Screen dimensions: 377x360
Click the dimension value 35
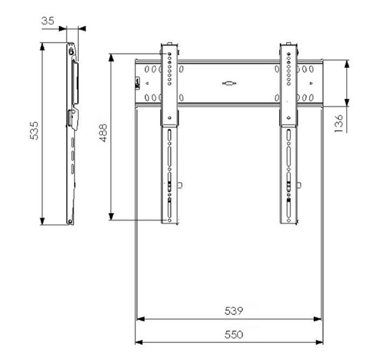48,21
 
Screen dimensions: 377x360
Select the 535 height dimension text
34,131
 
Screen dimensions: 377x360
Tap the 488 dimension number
103,133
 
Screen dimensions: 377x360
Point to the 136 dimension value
338,123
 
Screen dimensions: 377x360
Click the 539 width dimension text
234,311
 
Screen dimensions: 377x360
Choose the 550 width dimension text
234,334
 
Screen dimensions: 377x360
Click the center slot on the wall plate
229,83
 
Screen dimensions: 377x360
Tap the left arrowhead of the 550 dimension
139,342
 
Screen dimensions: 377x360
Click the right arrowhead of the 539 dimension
317,319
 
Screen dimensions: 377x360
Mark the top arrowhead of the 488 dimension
111,58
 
